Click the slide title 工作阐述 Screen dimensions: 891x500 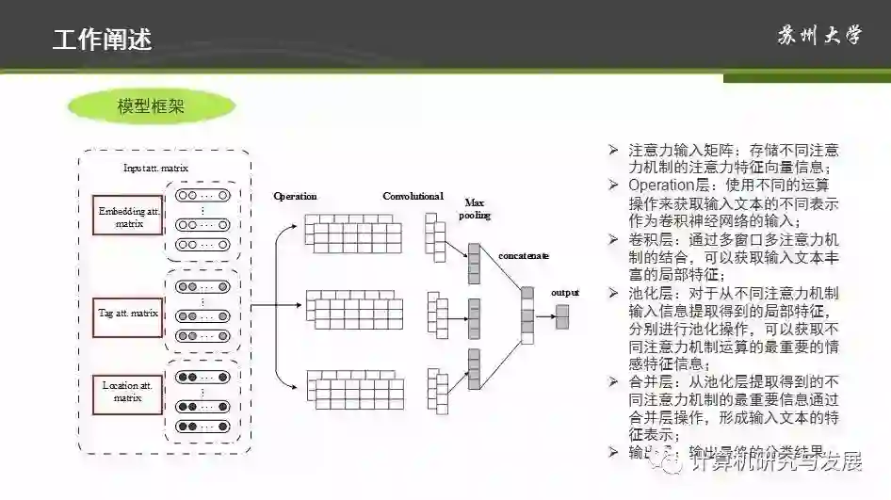(102, 40)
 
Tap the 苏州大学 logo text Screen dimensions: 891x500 (818, 37)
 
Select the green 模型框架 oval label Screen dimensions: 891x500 (151, 106)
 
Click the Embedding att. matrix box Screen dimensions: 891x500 (128, 218)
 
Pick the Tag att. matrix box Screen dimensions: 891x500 (128, 313)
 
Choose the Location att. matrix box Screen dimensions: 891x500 (128, 392)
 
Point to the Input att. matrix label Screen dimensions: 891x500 (155, 169)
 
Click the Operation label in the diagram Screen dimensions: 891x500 (295, 196)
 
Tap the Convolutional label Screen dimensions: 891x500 (413, 196)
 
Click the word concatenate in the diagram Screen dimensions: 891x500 (524, 255)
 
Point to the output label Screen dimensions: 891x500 (565, 292)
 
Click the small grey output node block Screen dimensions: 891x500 (562, 316)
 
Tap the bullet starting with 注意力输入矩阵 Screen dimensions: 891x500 (734, 158)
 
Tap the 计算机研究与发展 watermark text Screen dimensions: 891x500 (776, 461)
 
